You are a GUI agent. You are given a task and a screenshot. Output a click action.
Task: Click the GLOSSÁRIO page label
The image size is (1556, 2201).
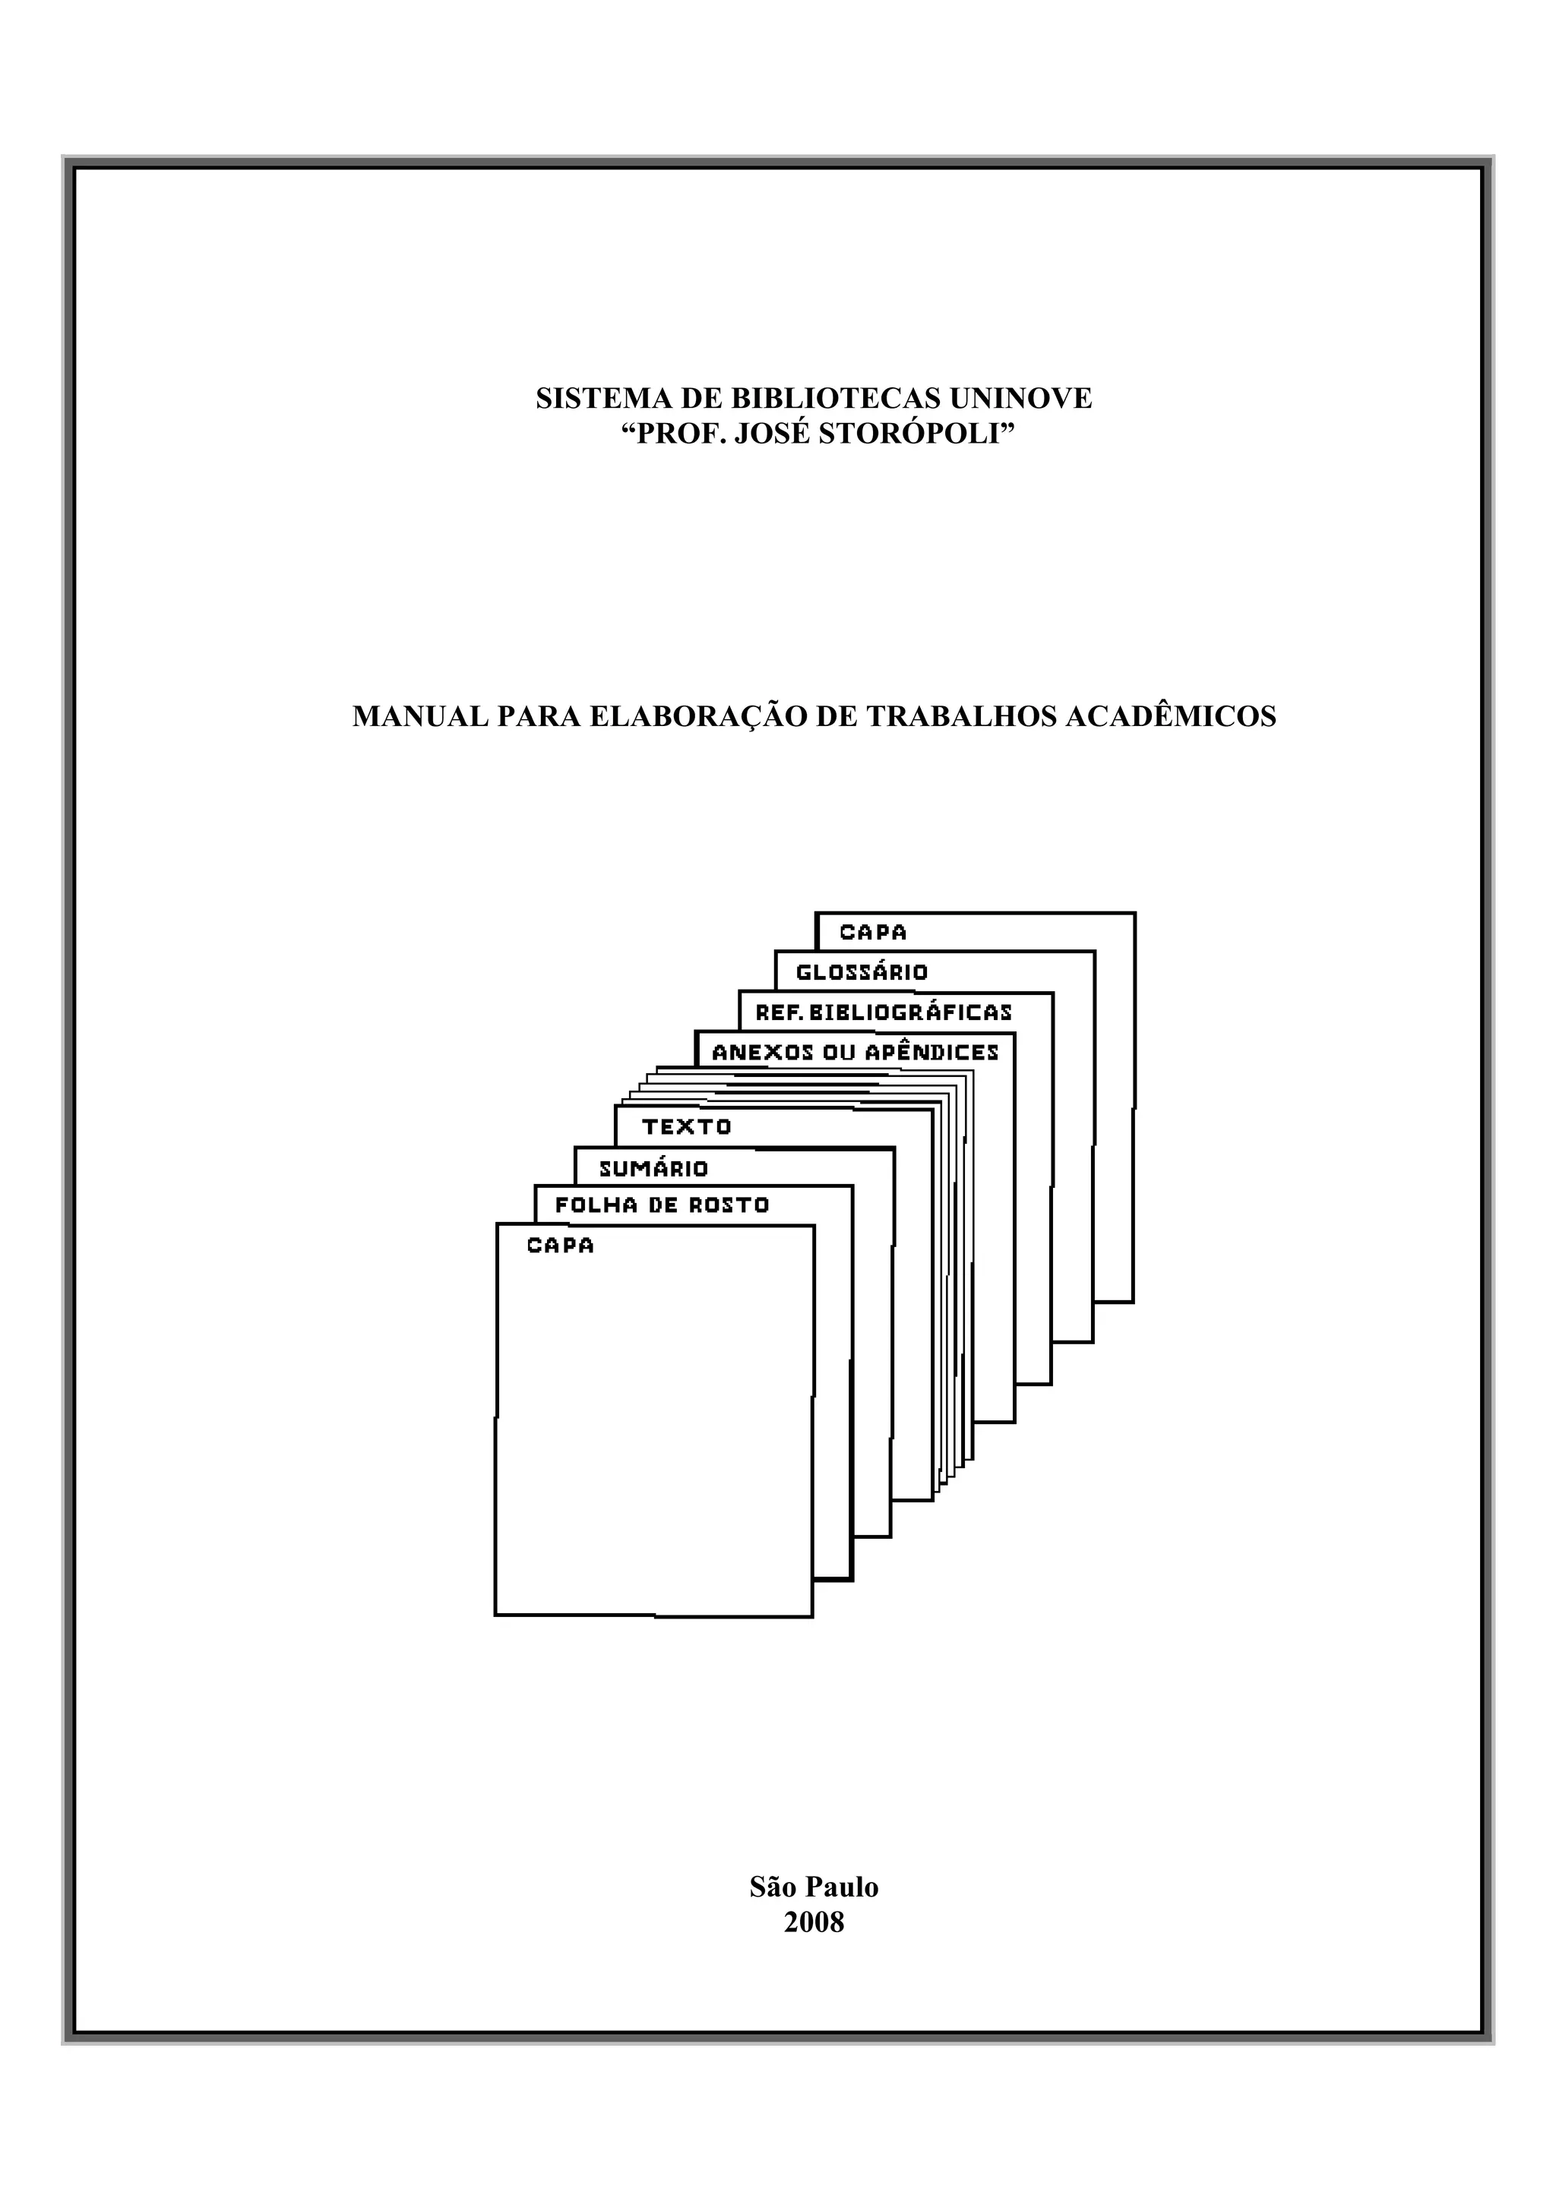pos(862,972)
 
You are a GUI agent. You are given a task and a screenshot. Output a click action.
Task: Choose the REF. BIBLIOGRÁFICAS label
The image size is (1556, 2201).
pos(883,1012)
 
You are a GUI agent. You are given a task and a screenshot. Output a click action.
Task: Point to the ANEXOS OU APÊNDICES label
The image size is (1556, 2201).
pos(855,1053)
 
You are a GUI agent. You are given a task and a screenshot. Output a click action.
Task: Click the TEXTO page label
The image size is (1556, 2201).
pos(686,1127)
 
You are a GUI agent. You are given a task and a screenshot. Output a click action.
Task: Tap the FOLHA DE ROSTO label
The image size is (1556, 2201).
pos(662,1206)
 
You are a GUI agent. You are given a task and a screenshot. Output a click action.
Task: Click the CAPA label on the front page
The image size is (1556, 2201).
pos(560,1246)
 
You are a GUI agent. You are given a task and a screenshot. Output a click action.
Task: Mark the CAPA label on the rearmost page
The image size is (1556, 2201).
pos(872,933)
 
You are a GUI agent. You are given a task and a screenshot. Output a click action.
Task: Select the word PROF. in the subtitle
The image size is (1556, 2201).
pos(678,434)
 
